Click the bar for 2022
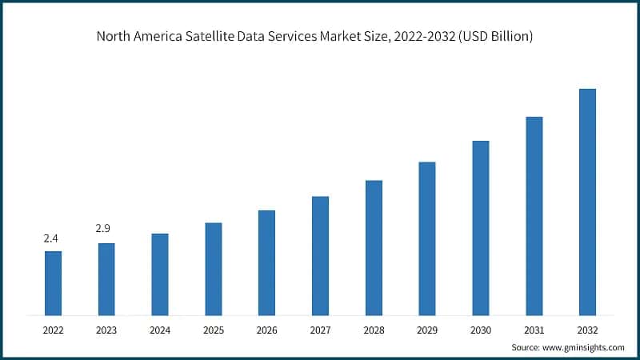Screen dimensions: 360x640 point(53,282)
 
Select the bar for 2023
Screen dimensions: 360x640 point(106,278)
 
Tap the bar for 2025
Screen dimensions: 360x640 point(213,268)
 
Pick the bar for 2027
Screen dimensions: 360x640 point(320,255)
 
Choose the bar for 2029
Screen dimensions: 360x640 point(427,238)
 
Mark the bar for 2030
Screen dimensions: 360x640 point(480,227)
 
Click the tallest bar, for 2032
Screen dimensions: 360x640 point(587,201)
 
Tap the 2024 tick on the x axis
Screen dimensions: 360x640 point(160,330)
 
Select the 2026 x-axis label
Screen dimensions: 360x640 point(266,330)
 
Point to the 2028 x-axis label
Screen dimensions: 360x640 point(374,330)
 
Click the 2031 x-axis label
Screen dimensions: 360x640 point(534,330)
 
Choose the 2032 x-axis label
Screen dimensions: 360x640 point(587,330)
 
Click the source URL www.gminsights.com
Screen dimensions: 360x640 point(583,347)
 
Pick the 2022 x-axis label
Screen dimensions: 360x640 point(53,330)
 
